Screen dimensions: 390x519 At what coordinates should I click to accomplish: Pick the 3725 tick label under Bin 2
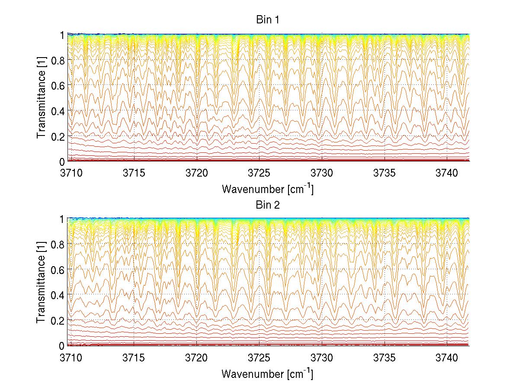(x=259, y=358)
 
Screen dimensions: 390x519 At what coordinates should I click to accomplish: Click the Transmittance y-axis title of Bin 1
(x=41, y=98)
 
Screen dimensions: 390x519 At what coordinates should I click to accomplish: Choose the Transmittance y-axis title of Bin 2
(x=41, y=282)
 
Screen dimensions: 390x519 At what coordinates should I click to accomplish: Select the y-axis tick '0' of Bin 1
(x=62, y=161)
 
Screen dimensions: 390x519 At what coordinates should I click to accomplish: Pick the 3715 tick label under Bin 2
(x=134, y=358)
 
